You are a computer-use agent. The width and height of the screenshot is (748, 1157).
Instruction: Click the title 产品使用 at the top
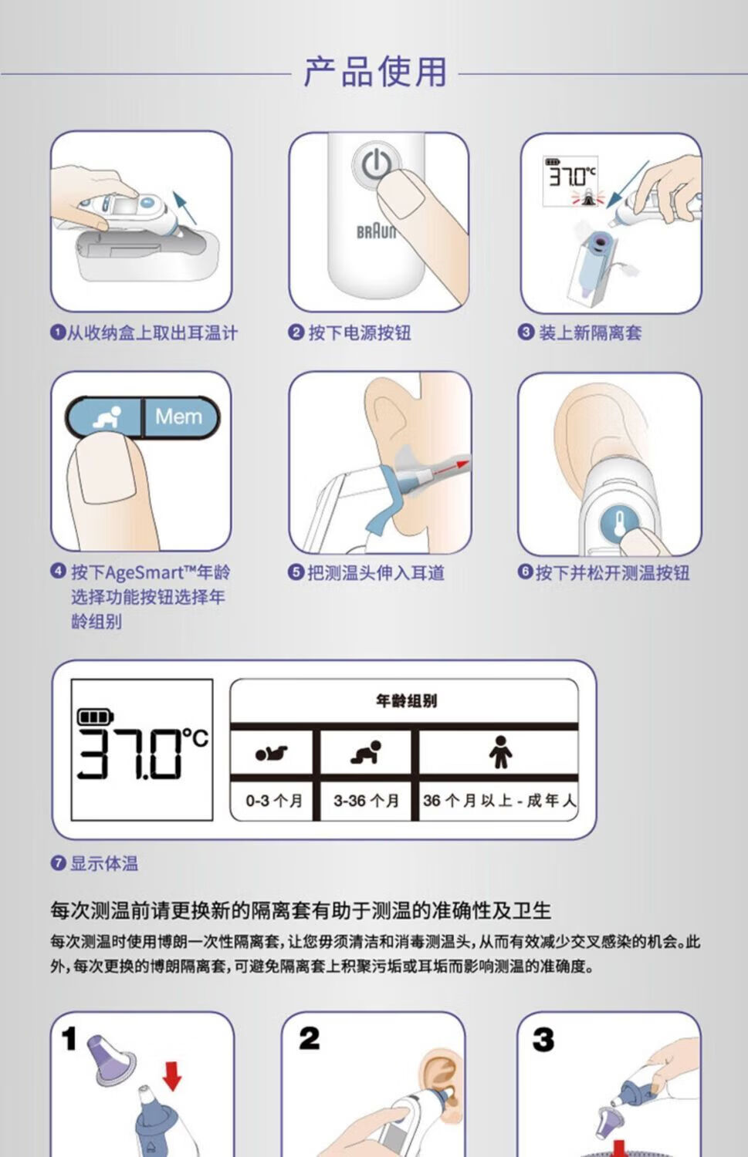point(375,72)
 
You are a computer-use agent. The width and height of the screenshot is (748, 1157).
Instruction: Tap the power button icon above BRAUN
point(376,164)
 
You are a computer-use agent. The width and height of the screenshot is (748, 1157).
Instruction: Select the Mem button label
point(178,417)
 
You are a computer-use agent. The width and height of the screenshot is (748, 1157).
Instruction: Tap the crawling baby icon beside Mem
point(107,418)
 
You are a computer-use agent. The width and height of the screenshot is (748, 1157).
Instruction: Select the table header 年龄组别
point(406,701)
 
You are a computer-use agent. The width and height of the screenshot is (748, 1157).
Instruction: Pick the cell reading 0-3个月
point(274,801)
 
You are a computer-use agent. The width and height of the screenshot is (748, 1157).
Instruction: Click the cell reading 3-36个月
point(366,801)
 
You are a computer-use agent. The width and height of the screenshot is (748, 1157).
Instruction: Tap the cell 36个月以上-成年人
point(499,801)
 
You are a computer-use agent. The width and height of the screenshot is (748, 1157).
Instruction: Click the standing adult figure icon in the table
point(500,752)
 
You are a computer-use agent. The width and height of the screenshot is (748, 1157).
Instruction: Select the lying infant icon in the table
point(272,754)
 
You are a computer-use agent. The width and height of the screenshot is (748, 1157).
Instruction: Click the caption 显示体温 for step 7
point(104,863)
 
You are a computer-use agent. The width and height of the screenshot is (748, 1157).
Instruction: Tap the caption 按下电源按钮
point(360,332)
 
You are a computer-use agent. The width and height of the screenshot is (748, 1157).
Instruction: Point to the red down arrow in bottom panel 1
point(172,1077)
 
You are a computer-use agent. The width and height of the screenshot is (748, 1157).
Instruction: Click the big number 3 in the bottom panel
point(543,1040)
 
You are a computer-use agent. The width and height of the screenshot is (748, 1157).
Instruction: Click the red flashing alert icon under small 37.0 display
point(587,197)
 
